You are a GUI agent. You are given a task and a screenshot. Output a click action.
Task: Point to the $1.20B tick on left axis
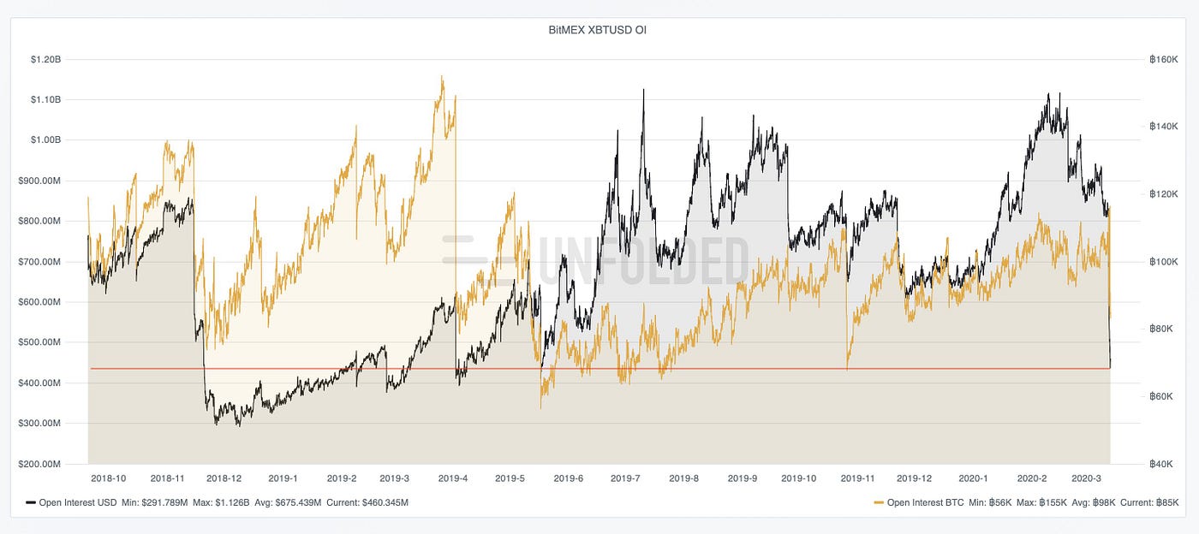[45, 60]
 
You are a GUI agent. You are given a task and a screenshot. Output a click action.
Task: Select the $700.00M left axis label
[40, 261]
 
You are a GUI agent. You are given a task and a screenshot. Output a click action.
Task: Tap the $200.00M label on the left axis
[40, 464]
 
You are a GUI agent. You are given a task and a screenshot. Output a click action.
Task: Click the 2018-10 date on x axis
[109, 478]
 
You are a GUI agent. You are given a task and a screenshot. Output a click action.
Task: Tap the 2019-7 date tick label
[625, 478]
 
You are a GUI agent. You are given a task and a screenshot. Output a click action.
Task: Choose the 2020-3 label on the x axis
[1088, 478]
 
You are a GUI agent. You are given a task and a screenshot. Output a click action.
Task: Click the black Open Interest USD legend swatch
[31, 503]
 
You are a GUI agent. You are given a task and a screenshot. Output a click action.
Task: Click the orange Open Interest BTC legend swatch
[879, 503]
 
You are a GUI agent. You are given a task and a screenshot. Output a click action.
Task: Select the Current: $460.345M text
[367, 503]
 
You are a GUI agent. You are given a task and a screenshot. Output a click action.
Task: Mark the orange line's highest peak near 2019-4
[442, 76]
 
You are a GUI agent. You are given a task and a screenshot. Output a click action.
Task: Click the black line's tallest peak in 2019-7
[643, 89]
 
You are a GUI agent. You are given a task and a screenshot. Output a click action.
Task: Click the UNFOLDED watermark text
[642, 259]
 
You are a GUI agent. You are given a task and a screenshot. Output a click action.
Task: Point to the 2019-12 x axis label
[914, 478]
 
